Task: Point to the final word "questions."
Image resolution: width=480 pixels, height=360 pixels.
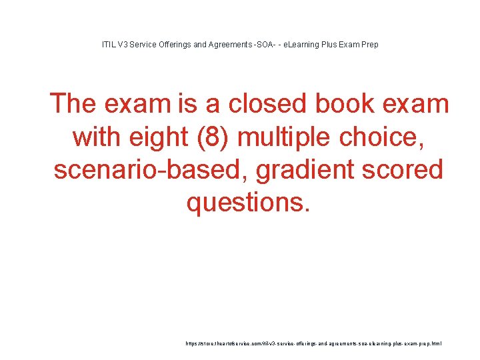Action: click(x=249, y=202)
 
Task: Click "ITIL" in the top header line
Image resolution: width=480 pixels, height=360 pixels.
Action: click(x=109, y=45)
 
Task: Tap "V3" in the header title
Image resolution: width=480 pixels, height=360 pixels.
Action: click(x=125, y=45)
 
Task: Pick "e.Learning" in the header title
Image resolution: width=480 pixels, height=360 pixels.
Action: click(x=303, y=45)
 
